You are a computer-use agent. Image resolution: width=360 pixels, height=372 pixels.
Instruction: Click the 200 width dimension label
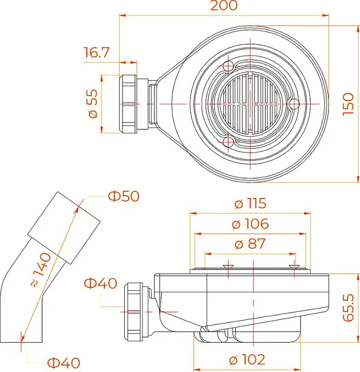[x=224, y=6]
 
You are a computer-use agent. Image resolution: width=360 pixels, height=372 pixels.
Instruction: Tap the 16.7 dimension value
[x=97, y=53]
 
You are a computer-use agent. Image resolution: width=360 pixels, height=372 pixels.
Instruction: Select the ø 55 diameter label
[x=93, y=104]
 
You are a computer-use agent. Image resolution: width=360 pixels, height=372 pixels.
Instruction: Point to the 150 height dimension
[x=349, y=104]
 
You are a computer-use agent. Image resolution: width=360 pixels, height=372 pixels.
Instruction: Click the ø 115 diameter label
[x=250, y=204]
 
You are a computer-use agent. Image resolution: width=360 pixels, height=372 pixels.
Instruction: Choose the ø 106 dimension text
[x=250, y=224]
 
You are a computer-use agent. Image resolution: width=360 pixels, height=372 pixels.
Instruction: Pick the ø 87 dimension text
[x=250, y=244]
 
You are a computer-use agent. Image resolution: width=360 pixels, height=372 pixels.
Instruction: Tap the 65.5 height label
[x=349, y=308]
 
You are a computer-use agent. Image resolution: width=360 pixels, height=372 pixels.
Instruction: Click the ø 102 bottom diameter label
[x=247, y=359]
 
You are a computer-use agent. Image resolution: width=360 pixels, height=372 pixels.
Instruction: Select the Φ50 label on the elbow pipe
[x=124, y=196]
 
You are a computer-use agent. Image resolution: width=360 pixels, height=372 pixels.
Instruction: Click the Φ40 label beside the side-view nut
[x=101, y=283]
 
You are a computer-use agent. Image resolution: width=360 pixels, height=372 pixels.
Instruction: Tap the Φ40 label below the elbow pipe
[x=64, y=363]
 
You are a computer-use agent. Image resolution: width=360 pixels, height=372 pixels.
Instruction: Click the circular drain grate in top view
[x=250, y=104]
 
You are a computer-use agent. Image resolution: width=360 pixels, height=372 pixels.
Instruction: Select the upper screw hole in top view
[x=228, y=66]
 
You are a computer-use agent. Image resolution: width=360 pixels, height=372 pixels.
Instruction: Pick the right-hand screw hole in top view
[x=294, y=104]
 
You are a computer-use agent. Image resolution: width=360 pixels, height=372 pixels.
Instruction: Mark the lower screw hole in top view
[x=228, y=142]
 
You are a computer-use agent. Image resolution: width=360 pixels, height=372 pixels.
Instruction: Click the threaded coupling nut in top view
[x=128, y=104]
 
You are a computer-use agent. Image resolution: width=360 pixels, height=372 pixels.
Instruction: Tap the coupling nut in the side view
[x=133, y=312]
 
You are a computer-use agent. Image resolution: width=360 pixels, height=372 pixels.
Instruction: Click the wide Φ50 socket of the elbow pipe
[x=64, y=228]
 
